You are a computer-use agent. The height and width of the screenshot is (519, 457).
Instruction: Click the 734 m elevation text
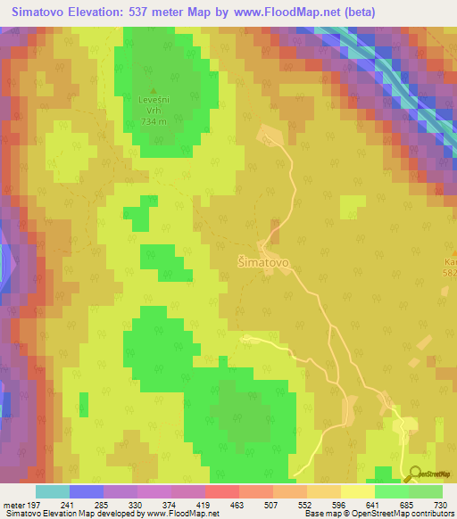click(154, 120)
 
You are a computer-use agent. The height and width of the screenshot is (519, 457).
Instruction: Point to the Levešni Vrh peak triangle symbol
click(154, 91)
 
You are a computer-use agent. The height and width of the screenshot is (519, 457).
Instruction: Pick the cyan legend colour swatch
click(53, 491)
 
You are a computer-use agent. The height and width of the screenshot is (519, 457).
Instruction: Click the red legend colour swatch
click(222, 491)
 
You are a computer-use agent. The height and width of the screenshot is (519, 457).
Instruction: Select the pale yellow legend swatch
click(358, 491)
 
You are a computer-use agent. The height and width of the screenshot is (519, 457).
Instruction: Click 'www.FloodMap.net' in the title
click(277, 12)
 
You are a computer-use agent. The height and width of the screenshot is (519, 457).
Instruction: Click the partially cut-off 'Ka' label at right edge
click(450, 261)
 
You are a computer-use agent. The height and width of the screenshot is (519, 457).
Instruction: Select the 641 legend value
click(372, 504)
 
